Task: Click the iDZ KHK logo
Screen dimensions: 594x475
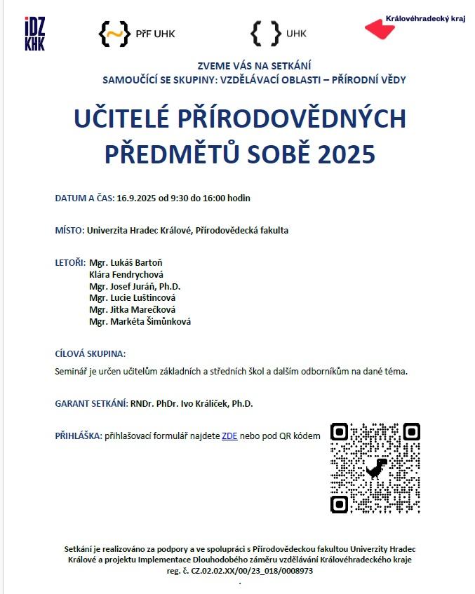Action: click(x=34, y=34)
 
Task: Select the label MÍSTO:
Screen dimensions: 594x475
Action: click(x=69, y=230)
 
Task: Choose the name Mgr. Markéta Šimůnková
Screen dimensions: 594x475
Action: click(x=140, y=322)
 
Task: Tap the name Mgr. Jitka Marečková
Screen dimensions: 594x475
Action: click(x=133, y=310)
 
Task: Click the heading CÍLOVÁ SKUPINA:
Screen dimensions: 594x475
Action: click(x=91, y=354)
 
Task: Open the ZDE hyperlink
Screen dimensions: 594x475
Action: click(x=229, y=436)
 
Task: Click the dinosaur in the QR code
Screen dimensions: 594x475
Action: click(x=377, y=467)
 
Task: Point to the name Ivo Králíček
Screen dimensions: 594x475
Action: click(x=200, y=404)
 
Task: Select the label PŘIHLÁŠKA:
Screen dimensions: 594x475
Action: click(x=79, y=436)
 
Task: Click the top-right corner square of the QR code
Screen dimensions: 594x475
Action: click(x=411, y=431)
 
